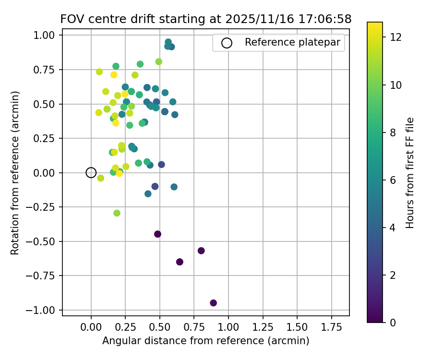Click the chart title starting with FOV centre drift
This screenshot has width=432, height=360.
(x=205, y=19)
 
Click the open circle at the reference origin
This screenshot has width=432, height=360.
(x=91, y=173)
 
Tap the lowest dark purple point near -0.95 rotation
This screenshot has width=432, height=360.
(x=214, y=303)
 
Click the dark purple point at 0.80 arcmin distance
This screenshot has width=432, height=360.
(x=201, y=251)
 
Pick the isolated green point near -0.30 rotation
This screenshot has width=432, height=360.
(x=117, y=213)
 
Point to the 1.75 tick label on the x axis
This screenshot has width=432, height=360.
(x=331, y=327)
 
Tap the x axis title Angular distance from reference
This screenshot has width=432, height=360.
(x=205, y=341)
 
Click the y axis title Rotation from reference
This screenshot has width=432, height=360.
(x=15, y=173)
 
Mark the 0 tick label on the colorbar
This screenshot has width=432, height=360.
(x=393, y=322)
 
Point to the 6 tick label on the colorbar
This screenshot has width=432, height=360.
(x=393, y=180)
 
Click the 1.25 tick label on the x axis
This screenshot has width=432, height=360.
(x=263, y=327)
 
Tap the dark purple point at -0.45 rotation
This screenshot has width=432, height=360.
(x=157, y=234)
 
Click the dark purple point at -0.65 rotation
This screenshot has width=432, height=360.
(x=180, y=262)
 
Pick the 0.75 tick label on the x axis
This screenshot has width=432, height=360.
(x=194, y=327)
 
